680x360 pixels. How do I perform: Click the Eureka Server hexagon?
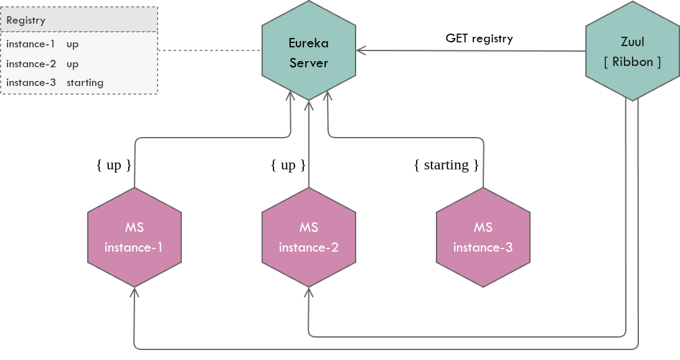click(308, 52)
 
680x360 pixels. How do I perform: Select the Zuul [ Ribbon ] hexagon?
click(632, 52)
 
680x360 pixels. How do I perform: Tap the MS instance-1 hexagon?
click(134, 237)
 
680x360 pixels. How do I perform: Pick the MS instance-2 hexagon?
click(308, 237)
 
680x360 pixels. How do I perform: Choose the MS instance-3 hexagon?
click(483, 237)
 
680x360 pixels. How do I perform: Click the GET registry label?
click(479, 39)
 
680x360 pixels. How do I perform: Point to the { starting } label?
click(446, 165)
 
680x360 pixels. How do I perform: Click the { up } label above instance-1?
click(114, 165)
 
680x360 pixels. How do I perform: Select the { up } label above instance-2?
click(288, 165)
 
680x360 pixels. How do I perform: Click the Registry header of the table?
click(26, 20)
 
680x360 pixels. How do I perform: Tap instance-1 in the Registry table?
click(31, 44)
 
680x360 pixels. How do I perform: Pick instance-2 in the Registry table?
click(31, 64)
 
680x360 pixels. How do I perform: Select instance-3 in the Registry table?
click(31, 82)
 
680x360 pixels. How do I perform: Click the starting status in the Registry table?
click(85, 82)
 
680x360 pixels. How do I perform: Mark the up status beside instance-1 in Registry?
click(72, 44)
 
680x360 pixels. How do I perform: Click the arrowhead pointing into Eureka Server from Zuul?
click(360, 51)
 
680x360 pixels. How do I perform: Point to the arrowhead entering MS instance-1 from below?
click(134, 291)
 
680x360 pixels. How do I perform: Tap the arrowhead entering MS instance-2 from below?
click(308, 291)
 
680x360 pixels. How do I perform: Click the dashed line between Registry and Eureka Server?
click(209, 51)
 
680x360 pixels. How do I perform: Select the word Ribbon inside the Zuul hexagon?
click(632, 62)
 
